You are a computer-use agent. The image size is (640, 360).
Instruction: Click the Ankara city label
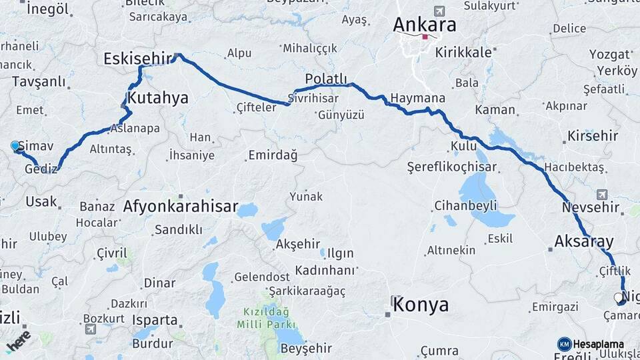point(425,25)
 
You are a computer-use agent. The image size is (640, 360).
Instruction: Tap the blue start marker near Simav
point(15,145)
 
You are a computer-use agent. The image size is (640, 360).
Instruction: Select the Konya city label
point(420,305)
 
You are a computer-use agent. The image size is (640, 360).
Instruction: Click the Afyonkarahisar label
point(180,207)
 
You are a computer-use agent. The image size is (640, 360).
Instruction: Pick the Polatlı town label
point(327,80)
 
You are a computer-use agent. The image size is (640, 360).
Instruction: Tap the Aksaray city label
point(583,241)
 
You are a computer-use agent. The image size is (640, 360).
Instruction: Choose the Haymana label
point(417,98)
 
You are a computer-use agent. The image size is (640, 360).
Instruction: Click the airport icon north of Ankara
point(439,11)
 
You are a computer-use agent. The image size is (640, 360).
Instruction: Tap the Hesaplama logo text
point(598,344)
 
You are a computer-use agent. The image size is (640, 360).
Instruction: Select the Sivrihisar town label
point(313,98)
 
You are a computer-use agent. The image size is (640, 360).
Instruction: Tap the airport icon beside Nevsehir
point(602,194)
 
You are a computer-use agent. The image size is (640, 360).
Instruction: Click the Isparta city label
point(154,320)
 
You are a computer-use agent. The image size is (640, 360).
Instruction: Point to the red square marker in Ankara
point(425,37)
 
